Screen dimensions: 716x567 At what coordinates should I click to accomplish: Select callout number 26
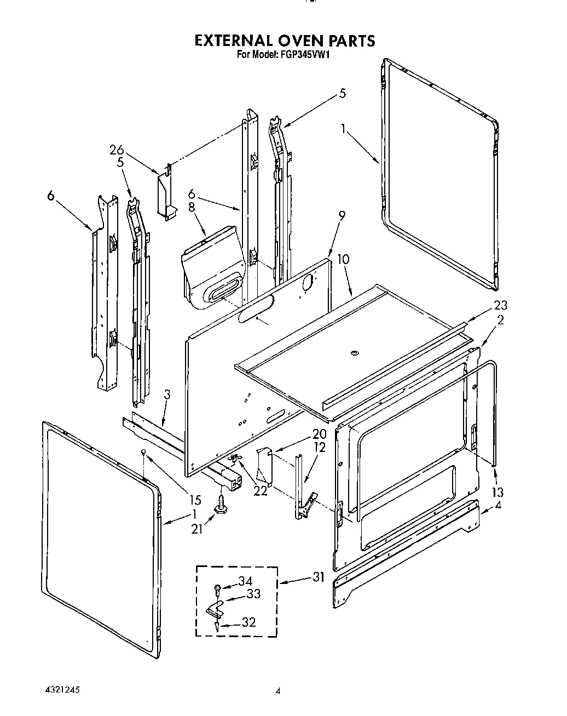116,150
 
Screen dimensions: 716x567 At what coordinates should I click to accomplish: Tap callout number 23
500,306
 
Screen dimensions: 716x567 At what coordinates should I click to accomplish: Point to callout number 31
319,576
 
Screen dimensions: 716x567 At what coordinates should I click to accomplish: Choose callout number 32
249,622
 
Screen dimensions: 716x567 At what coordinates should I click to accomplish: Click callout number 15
195,500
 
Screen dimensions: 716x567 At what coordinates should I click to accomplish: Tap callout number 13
498,492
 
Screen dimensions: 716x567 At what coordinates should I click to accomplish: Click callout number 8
192,208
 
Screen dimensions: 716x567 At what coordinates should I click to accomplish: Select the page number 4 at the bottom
278,692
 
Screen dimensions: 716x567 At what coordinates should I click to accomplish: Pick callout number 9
342,216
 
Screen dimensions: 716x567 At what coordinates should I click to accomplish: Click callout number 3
167,394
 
